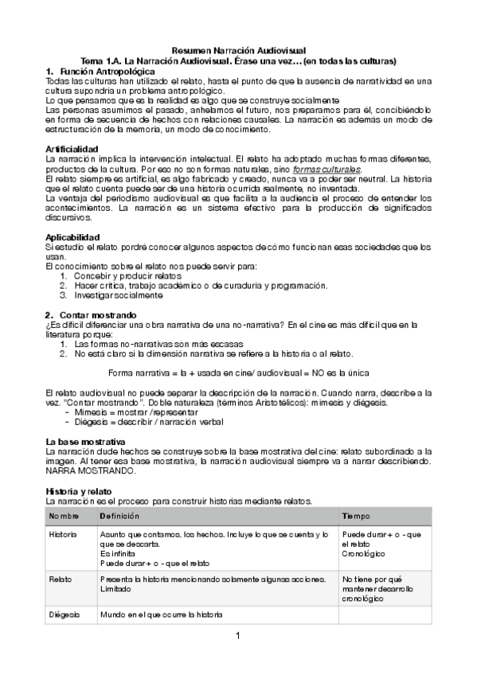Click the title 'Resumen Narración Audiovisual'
[239, 50]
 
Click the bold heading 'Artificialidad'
[72, 149]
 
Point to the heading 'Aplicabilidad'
[72, 236]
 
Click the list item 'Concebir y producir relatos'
[119, 275]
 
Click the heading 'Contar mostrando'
[97, 314]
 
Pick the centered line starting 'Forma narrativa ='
[238, 373]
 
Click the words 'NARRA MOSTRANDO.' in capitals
[85, 470]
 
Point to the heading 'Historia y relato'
[78, 490]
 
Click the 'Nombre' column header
[64, 517]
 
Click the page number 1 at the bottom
[237, 635]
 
